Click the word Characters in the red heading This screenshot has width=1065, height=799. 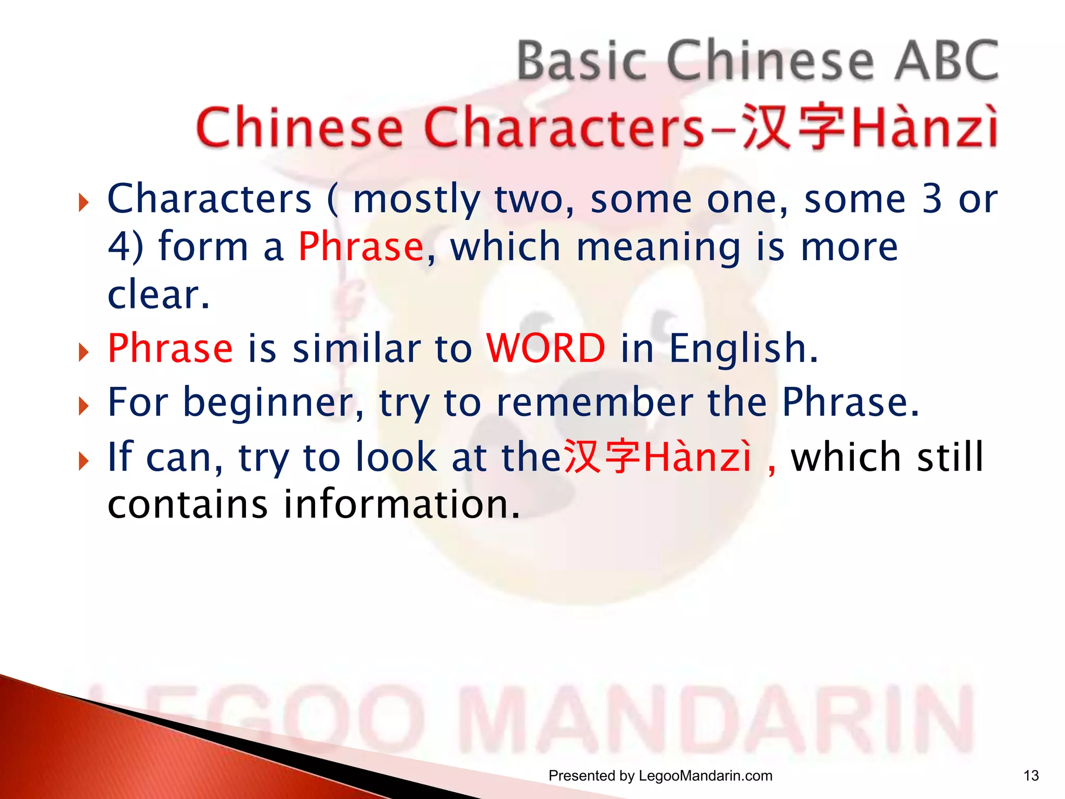click(x=564, y=128)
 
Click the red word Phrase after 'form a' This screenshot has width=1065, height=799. click(x=361, y=247)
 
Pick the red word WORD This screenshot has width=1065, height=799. click(x=546, y=348)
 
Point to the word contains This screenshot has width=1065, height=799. click(x=188, y=505)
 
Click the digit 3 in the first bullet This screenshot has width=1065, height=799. click(x=932, y=199)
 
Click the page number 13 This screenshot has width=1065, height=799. click(x=1031, y=776)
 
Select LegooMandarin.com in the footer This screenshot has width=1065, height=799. click(x=705, y=776)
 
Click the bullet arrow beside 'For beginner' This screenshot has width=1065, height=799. click(x=83, y=406)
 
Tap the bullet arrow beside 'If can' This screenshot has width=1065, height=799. click(x=83, y=460)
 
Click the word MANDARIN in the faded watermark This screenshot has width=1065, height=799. click(x=723, y=720)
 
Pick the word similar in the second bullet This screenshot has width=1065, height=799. click(x=357, y=348)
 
